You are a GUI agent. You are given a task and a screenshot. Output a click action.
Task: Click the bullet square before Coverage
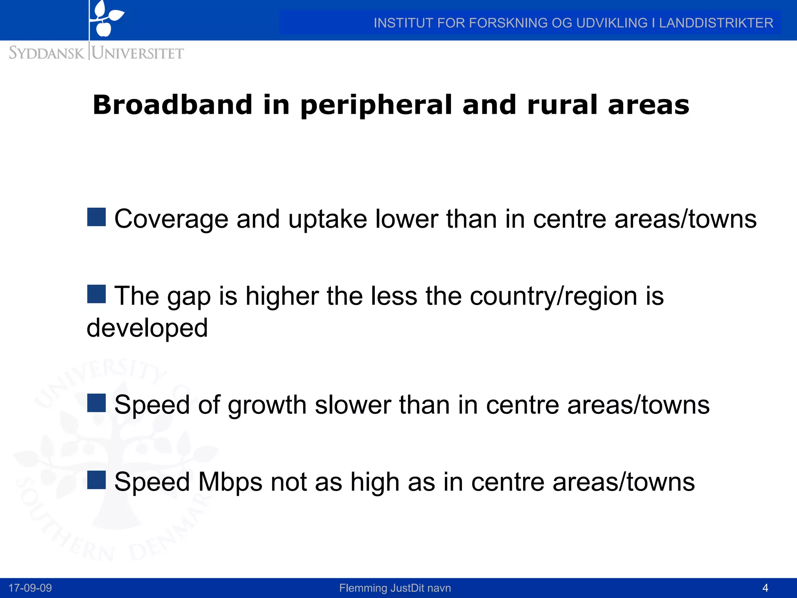click(97, 217)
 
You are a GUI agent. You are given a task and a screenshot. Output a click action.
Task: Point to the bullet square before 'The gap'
click(97, 294)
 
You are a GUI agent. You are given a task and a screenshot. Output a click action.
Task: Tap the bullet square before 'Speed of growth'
click(97, 403)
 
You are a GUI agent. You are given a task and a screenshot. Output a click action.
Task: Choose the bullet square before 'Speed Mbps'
click(97, 480)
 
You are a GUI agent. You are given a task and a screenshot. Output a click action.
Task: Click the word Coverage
click(171, 219)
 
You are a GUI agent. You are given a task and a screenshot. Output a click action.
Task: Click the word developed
click(147, 328)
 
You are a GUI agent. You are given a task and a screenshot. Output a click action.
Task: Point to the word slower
click(353, 405)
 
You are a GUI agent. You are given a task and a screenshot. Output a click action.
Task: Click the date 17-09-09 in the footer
click(30, 588)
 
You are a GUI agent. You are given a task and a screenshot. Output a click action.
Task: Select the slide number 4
click(765, 588)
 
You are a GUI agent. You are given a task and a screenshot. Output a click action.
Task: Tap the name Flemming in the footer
click(363, 588)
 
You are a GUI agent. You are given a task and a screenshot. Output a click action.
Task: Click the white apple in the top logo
click(104, 29)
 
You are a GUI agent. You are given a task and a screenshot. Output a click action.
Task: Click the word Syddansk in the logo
click(46, 53)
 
